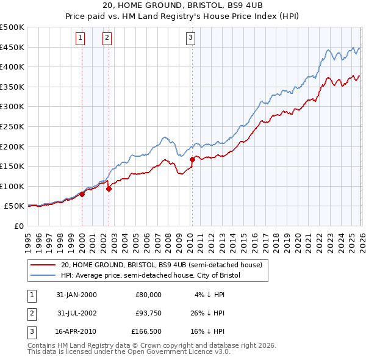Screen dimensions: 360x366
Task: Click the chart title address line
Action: click(x=182, y=5)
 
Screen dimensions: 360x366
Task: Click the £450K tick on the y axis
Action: click(x=12, y=47)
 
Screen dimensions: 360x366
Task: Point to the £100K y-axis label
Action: click(x=12, y=186)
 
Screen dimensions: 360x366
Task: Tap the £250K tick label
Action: click(x=12, y=126)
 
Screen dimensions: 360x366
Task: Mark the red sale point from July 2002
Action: click(x=109, y=189)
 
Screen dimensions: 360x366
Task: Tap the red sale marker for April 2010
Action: click(x=192, y=159)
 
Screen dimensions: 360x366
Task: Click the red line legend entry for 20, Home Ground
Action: click(x=161, y=265)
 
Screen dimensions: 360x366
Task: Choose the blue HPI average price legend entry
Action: click(x=151, y=276)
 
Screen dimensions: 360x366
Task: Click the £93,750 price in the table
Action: click(x=148, y=313)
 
